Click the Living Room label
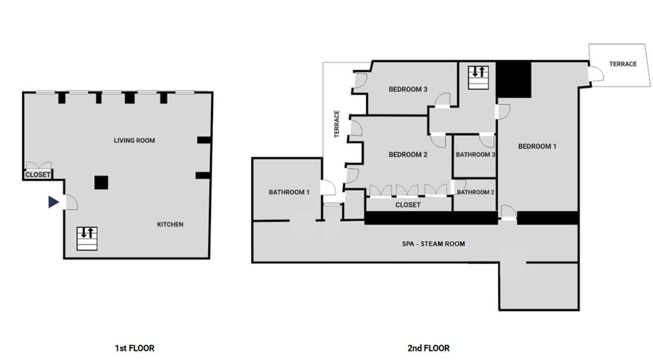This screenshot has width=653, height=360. pyautogui.click(x=134, y=141)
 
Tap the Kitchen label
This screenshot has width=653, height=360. pyautogui.click(x=170, y=225)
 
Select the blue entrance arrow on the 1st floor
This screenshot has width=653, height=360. pyautogui.click(x=53, y=202)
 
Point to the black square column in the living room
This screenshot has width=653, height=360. pyautogui.click(x=101, y=182)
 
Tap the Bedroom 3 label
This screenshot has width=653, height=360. pyautogui.click(x=407, y=89)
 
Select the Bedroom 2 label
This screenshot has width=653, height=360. pyautogui.click(x=407, y=154)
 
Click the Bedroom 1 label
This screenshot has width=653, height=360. pyautogui.click(x=537, y=146)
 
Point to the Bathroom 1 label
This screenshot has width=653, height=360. pyautogui.click(x=289, y=192)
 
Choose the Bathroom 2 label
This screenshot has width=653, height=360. pyautogui.click(x=475, y=192)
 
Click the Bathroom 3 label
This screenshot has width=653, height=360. pyautogui.click(x=475, y=154)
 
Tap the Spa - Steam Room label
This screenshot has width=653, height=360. pyautogui.click(x=433, y=243)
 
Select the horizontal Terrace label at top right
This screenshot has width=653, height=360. pyautogui.click(x=622, y=64)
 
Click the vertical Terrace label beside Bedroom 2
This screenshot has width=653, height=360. pyautogui.click(x=337, y=125)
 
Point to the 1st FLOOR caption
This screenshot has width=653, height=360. pyautogui.click(x=134, y=348)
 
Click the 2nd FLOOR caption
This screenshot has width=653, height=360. pyautogui.click(x=428, y=348)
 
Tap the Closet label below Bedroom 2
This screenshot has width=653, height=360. pyautogui.click(x=407, y=205)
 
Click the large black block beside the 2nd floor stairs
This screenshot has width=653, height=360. pyautogui.click(x=513, y=80)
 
